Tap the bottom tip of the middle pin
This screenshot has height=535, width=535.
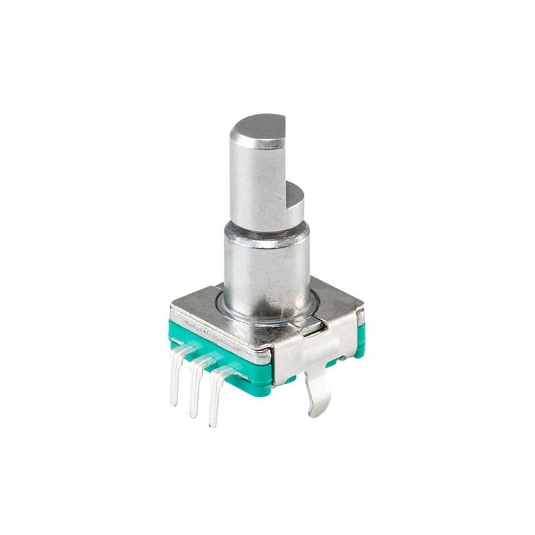(x=193, y=415)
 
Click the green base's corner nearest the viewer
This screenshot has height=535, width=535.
(x=273, y=381)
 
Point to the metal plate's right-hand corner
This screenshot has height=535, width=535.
(x=361, y=311)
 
